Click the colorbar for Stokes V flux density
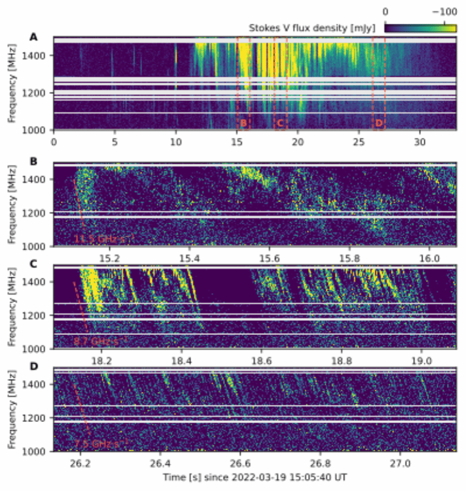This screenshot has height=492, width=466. pos(420,27)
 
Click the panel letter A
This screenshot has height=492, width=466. pos(34,37)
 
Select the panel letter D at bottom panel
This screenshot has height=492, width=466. pos(34,366)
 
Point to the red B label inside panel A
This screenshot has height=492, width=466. pos(243,123)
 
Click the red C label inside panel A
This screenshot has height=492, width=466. pos(279,123)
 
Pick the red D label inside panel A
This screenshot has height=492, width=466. pos(379,123)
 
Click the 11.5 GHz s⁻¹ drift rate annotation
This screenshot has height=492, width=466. pos(99,240)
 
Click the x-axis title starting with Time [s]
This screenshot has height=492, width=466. pos(254,478)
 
